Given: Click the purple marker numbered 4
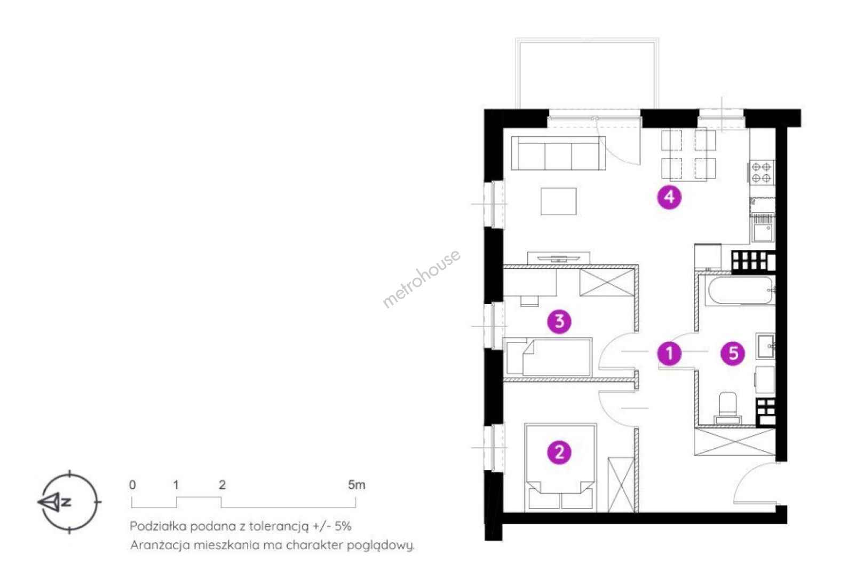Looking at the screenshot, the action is pyautogui.click(x=669, y=197).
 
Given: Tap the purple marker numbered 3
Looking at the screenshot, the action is pyautogui.click(x=559, y=322).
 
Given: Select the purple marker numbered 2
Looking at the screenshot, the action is pyautogui.click(x=559, y=453).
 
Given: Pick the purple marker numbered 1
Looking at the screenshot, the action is pyautogui.click(x=669, y=353).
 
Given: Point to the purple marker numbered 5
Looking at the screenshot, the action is pyautogui.click(x=733, y=353).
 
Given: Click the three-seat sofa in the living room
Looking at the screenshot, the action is pyautogui.click(x=558, y=153).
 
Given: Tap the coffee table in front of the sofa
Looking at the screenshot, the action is pyautogui.click(x=559, y=201).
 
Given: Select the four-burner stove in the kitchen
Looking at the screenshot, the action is pyautogui.click(x=762, y=173).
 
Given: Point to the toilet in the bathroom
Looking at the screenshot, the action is pyautogui.click(x=727, y=408).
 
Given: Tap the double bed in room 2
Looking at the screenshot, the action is pyautogui.click(x=560, y=467).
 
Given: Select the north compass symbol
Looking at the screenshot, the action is pyautogui.click(x=69, y=502).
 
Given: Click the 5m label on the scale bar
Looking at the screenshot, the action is pyautogui.click(x=356, y=485).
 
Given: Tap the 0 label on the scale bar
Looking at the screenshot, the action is pyautogui.click(x=132, y=485).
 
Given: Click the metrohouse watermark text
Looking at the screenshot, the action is pyautogui.click(x=422, y=278).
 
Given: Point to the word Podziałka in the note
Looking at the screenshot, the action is pyautogui.click(x=158, y=526).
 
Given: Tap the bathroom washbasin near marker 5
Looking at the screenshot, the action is pyautogui.click(x=765, y=346).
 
